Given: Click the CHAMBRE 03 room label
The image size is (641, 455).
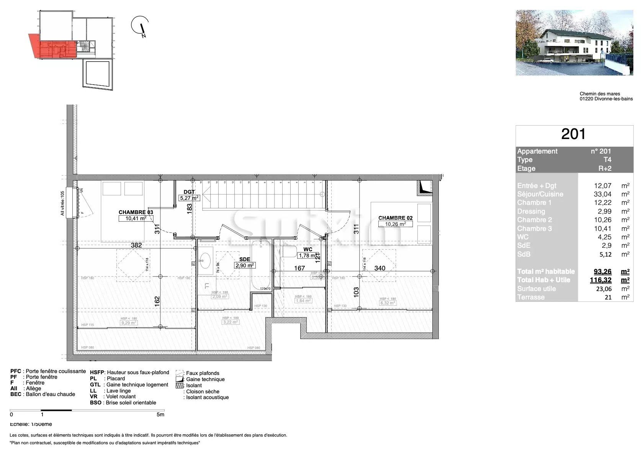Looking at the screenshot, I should click(136, 212).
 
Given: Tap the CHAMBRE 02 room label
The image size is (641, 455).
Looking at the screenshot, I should click(395, 218).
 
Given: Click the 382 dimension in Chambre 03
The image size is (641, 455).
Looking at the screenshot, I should click(136, 245).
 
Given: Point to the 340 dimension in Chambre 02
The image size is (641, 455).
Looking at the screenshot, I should click(379, 268).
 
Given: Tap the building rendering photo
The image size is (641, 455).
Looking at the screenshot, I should click(574, 43).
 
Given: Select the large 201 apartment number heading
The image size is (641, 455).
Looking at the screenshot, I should click(573, 134).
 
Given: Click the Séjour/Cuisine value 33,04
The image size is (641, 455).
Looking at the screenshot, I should click(602, 194).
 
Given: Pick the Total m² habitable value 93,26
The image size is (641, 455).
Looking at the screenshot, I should click(602, 272).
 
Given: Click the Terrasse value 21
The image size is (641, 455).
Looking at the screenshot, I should click(608, 297).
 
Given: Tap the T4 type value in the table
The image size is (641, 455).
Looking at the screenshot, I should click(607, 160).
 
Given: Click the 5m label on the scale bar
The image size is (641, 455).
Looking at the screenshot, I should click(160, 414).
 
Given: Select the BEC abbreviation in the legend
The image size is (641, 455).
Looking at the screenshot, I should click(16, 394).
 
